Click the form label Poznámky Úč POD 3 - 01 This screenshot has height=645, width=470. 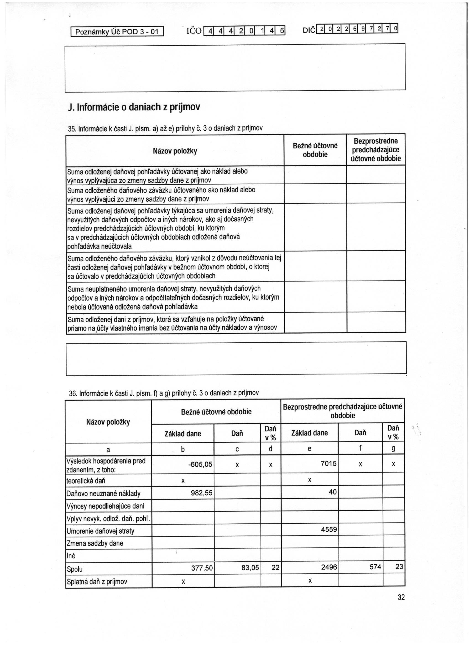point(117,32)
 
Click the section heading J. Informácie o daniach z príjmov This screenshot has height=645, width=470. point(134,107)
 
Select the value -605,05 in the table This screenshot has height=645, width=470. point(200,464)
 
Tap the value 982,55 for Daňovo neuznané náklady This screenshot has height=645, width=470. point(202,493)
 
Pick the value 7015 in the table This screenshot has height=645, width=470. point(328,463)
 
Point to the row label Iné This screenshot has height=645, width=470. point(71,556)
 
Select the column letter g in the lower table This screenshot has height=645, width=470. point(393,449)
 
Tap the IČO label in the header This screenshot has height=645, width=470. point(194,31)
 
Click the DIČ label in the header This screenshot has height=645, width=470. point(310,30)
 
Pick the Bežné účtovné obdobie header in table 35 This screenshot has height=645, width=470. point(315,150)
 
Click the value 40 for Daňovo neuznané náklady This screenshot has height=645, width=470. point(332,492)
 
